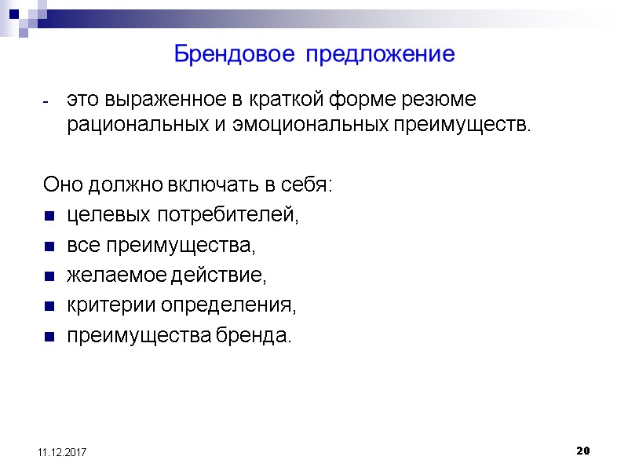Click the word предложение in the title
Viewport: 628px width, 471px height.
pyautogui.click(x=380, y=55)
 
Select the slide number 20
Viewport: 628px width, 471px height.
pyautogui.click(x=582, y=451)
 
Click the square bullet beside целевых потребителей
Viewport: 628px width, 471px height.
pyautogui.click(x=49, y=216)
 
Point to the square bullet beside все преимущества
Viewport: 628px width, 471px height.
pyautogui.click(x=49, y=246)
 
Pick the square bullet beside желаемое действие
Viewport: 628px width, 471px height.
pyautogui.click(x=49, y=277)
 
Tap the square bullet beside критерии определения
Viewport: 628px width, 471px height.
pyautogui.click(x=49, y=307)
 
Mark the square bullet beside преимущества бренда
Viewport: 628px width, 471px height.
pyautogui.click(x=49, y=338)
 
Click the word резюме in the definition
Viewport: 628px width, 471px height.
pyautogui.click(x=437, y=102)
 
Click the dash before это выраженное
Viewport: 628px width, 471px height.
pyautogui.click(x=47, y=103)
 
